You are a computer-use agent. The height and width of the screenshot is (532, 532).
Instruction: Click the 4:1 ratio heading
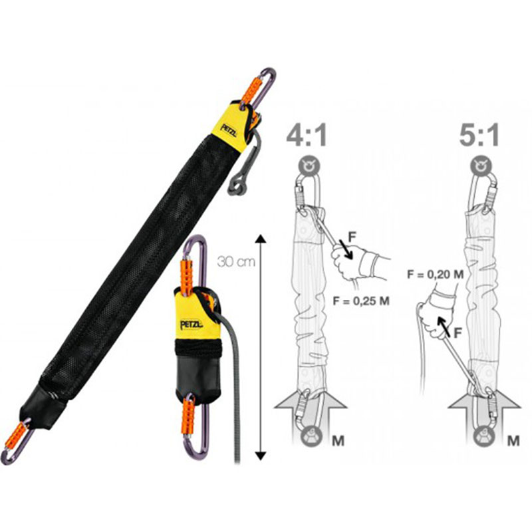click(307, 135)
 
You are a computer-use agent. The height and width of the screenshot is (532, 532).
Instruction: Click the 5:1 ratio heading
click(479, 135)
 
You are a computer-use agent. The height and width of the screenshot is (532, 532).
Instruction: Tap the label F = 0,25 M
click(361, 301)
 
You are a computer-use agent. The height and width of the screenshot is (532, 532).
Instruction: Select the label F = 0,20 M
click(436, 274)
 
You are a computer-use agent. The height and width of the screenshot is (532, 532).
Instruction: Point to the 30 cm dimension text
click(236, 262)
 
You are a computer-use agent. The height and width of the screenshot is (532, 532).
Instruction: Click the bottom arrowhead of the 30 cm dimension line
click(260, 456)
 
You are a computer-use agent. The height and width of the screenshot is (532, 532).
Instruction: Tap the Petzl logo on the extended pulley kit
click(228, 130)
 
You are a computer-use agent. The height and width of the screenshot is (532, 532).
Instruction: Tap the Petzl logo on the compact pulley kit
click(192, 325)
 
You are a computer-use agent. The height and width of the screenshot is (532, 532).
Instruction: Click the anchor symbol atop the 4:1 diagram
click(309, 166)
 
